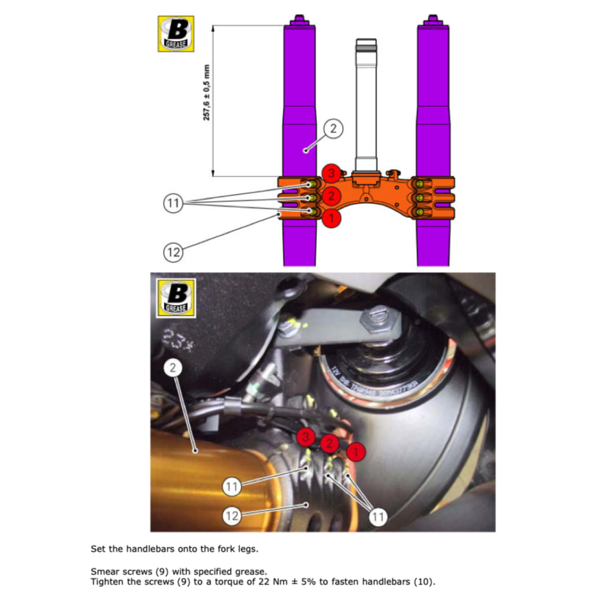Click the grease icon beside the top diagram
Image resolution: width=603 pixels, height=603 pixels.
pos(176,33)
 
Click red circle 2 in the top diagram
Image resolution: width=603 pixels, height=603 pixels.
pos(330,196)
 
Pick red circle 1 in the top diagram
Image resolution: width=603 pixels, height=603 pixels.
pos(330,217)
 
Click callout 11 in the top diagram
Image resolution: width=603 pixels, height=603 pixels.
pos(174,203)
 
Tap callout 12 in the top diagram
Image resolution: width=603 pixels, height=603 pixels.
pos(174,252)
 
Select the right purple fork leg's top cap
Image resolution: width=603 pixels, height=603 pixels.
pos(432,20)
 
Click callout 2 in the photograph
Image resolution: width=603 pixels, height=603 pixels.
pos(174,367)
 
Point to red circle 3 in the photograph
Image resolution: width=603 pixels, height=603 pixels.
pos(306,438)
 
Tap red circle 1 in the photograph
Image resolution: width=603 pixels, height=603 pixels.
pos(357,451)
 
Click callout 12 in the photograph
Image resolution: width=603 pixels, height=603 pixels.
pos(232,515)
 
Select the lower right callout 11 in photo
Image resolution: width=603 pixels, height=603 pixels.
pos(378,515)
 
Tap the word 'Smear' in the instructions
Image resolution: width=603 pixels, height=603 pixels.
pos(104,572)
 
